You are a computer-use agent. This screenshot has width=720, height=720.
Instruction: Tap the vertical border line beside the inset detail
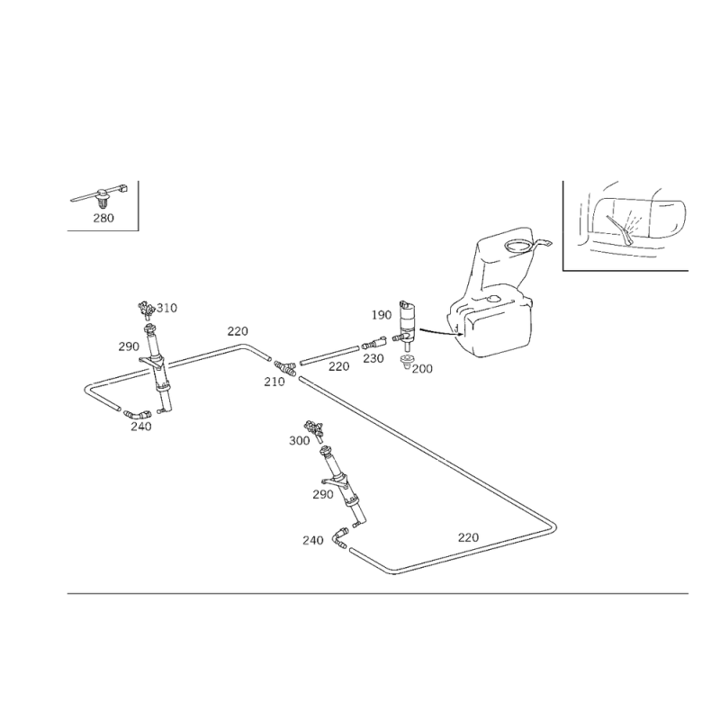tap(139, 204)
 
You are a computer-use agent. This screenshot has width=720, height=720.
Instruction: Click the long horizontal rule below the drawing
tap(378, 594)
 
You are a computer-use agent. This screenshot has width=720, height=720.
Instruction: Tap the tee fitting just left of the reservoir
tap(410, 335)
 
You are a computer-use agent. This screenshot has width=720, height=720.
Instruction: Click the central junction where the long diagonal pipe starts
tap(287, 371)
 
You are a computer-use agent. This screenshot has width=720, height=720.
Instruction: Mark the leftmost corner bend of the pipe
tap(86, 389)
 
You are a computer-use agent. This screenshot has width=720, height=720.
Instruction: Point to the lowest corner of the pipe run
tap(393, 571)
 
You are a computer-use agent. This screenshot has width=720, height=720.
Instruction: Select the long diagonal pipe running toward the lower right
tap(423, 450)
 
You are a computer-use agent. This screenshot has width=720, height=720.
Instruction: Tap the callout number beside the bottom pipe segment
tap(467, 536)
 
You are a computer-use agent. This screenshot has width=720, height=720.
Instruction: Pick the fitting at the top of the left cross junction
tap(149, 309)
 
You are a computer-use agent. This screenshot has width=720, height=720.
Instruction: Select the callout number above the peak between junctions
tap(238, 329)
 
